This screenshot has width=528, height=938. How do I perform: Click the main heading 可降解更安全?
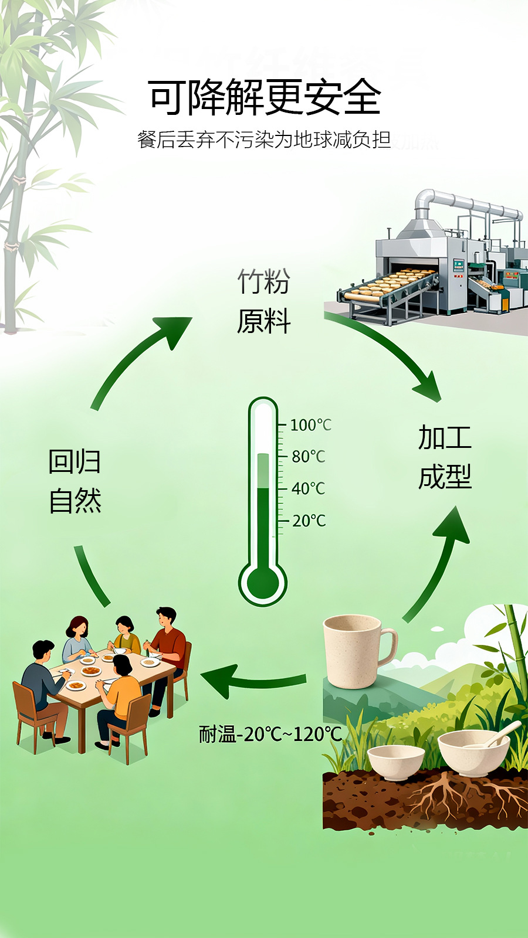click(x=265, y=97)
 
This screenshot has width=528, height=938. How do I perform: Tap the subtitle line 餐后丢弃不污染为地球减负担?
click(x=265, y=140)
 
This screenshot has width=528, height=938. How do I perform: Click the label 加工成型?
click(x=445, y=457)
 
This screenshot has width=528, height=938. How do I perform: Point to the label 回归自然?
click(x=75, y=481)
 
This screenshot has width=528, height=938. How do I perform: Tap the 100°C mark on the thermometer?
click(x=310, y=425)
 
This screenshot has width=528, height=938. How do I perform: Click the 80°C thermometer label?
click(x=309, y=457)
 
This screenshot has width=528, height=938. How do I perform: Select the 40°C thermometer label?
click(x=309, y=488)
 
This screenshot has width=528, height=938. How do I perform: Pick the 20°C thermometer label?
click(x=309, y=521)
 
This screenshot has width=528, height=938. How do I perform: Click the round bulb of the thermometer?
click(x=263, y=583)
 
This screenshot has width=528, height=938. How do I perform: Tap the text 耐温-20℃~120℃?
click(x=270, y=746)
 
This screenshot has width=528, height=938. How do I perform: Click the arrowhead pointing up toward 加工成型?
click(x=452, y=525)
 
